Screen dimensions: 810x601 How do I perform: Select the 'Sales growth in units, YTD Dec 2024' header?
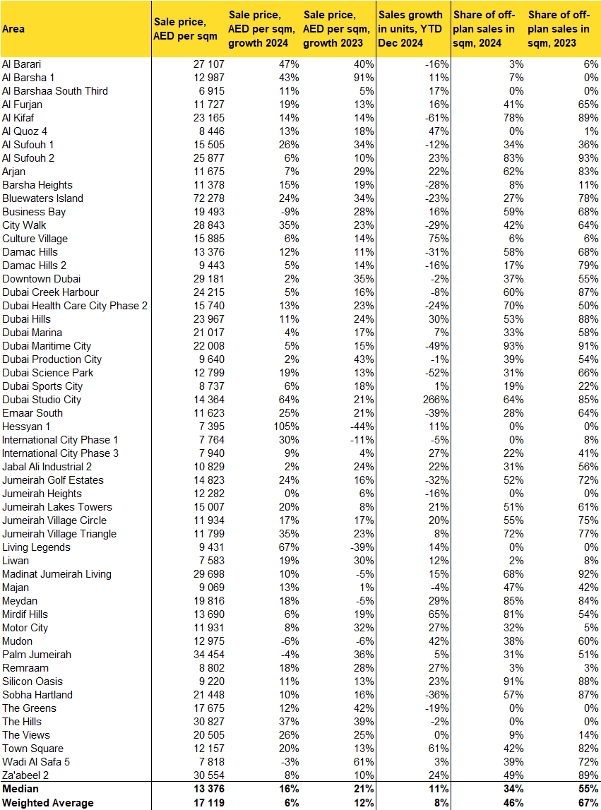click(x=410, y=29)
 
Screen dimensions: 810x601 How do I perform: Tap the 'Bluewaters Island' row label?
click(x=42, y=198)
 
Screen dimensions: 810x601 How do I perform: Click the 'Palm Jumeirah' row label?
click(x=37, y=655)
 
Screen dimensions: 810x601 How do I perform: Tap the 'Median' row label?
click(x=20, y=789)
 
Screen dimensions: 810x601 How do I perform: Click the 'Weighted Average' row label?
click(x=47, y=803)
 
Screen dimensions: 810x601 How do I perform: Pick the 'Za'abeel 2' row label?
click(x=28, y=775)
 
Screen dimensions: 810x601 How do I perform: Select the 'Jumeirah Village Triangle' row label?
click(x=59, y=534)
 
